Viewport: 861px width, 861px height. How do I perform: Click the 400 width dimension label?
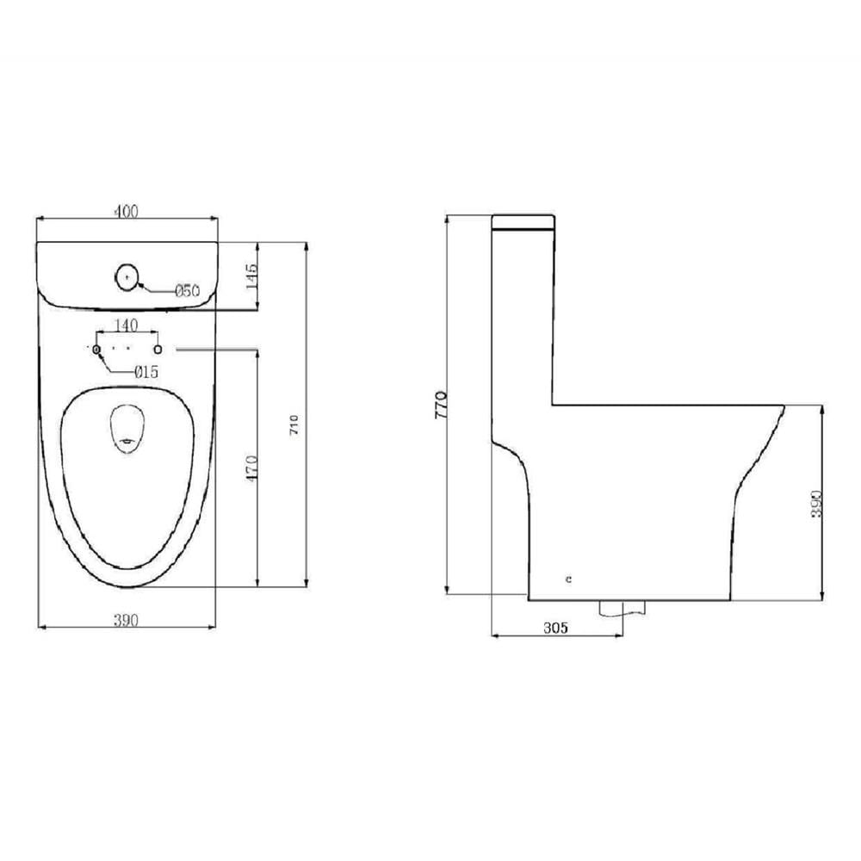[127, 211]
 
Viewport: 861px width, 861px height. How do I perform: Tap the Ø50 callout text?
[187, 290]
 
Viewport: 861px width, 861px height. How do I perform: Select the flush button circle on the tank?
[127, 278]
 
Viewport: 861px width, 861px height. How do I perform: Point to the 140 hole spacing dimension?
[126, 325]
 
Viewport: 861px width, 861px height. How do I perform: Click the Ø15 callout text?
[146, 372]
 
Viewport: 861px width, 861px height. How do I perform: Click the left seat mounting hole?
[97, 350]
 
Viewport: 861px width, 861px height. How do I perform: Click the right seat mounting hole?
[158, 350]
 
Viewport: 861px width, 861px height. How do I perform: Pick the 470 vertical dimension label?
[251, 468]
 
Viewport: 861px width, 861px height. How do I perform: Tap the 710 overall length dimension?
[294, 425]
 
